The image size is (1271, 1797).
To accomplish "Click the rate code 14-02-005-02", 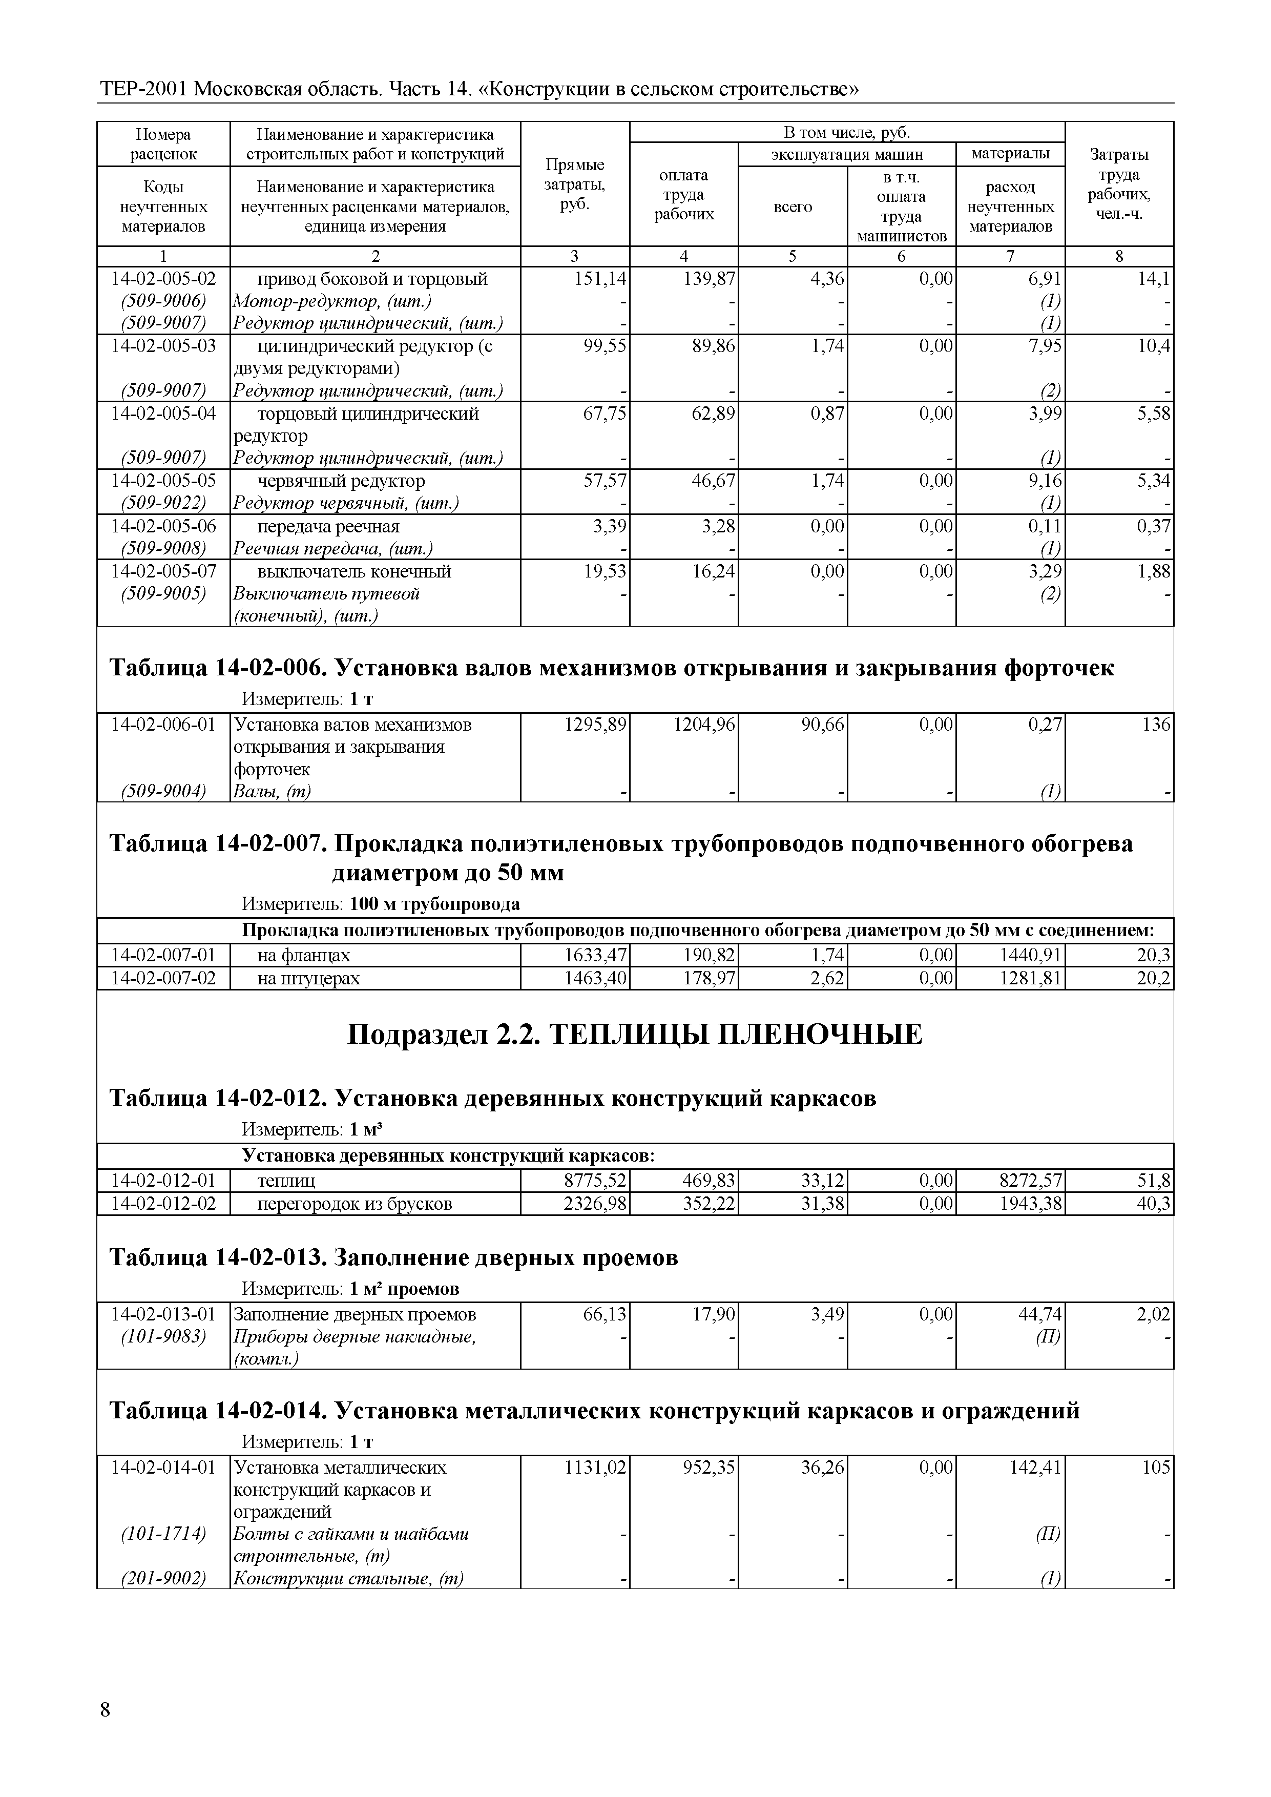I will [x=163, y=279].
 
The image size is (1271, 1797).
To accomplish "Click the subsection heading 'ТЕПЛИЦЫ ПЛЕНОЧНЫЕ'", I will [x=635, y=1034].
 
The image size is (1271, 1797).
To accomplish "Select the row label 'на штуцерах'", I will [x=308, y=978].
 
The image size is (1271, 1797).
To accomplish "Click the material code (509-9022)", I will [x=163, y=503].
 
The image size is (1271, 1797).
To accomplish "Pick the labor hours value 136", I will [x=1156, y=725].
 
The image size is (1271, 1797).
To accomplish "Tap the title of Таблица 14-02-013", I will [x=393, y=1258].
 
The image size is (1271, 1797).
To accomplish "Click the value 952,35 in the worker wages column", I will [x=705, y=1468].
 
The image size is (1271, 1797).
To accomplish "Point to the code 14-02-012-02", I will [x=163, y=1203].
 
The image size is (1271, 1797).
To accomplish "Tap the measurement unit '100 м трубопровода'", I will [x=434, y=904].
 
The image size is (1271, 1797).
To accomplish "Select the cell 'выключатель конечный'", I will [x=354, y=571].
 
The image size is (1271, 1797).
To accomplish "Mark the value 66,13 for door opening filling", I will [x=606, y=1314].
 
